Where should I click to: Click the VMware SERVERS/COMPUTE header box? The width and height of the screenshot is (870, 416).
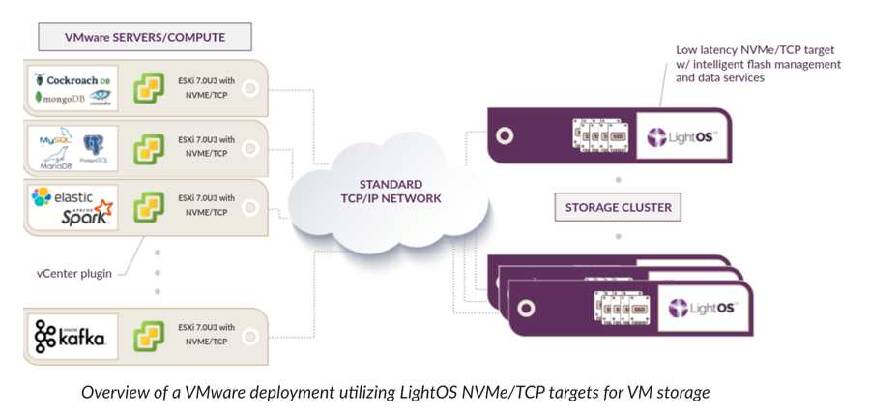pyautogui.click(x=145, y=38)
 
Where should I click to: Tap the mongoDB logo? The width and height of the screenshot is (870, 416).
pyautogui.click(x=60, y=98)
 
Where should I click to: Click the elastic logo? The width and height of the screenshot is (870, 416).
pyautogui.click(x=62, y=197)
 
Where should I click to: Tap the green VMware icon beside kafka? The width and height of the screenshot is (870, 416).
pyautogui.click(x=148, y=336)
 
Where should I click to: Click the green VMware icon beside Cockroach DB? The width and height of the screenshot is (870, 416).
pyautogui.click(x=148, y=88)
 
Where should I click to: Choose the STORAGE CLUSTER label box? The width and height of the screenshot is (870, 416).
pyautogui.click(x=619, y=207)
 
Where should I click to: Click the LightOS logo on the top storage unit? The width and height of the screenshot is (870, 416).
pyautogui.click(x=681, y=136)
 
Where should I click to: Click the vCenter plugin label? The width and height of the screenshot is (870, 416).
pyautogui.click(x=73, y=273)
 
